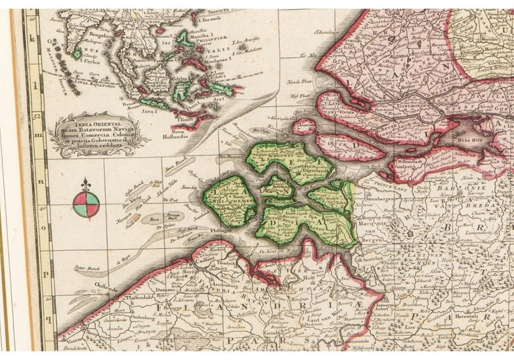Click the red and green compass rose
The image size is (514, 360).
(86, 205)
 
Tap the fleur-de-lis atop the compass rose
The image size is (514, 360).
(86, 185)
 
